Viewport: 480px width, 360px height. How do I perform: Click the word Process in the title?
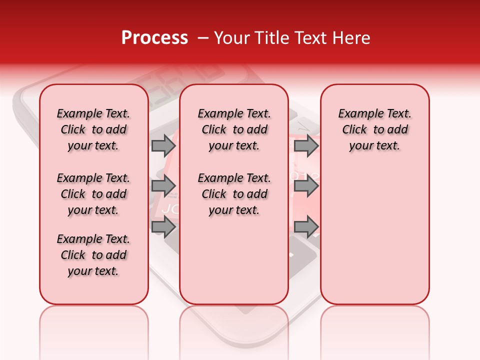pos(154,38)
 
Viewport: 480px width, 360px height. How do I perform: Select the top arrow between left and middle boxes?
pos(163,145)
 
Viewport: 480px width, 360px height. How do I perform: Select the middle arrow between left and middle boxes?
pos(163,186)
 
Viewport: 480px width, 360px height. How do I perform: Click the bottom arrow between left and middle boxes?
pos(163,226)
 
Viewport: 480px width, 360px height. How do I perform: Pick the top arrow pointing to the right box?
pos(306,145)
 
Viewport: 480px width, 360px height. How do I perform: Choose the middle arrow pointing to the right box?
pos(306,186)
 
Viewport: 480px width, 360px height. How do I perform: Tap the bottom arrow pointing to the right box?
pos(306,226)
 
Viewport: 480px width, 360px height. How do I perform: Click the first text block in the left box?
pos(93,129)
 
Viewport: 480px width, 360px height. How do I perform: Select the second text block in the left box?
pos(93,194)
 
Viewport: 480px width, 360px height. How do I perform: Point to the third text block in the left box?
pos(93,255)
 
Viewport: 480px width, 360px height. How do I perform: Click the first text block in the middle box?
pos(234,129)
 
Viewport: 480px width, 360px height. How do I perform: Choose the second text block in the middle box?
pos(234,194)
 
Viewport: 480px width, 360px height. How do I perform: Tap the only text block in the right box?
pos(375,129)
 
